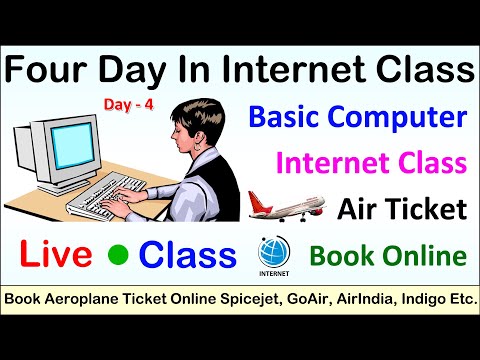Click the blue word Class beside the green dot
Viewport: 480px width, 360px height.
[187, 255]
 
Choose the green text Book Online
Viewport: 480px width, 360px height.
[388, 255]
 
